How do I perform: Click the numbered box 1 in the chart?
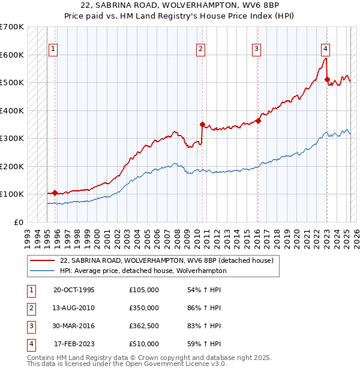(x=54, y=49)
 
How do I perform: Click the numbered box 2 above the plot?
(x=200, y=49)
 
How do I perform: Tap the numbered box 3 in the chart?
(x=256, y=49)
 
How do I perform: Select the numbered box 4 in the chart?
(x=325, y=49)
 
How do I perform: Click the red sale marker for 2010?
(x=202, y=124)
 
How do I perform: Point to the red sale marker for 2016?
(x=258, y=121)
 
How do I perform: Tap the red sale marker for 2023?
(x=327, y=79)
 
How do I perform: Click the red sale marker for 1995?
(x=55, y=193)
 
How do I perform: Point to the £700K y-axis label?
(x=12, y=27)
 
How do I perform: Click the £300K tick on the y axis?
(x=12, y=139)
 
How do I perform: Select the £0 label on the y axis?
(x=19, y=222)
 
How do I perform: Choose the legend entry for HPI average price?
(x=143, y=271)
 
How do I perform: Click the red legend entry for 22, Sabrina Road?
(x=167, y=260)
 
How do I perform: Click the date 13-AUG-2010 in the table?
(x=74, y=308)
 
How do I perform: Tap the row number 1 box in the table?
(x=30, y=290)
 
